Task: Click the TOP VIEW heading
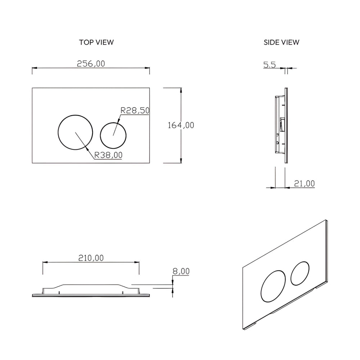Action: pyautogui.click(x=96, y=42)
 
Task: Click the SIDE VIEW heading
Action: pyautogui.click(x=281, y=42)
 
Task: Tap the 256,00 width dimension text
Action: pyautogui.click(x=91, y=63)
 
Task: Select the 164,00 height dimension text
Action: pyautogui.click(x=181, y=125)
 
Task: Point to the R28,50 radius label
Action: pyautogui.click(x=135, y=111)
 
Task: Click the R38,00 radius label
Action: pyautogui.click(x=108, y=155)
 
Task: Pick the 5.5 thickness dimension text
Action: pyautogui.click(x=270, y=65)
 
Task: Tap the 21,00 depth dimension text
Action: pyautogui.click(x=304, y=184)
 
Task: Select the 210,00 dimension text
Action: pyautogui.click(x=91, y=258)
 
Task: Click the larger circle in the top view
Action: pyautogui.click(x=76, y=132)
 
